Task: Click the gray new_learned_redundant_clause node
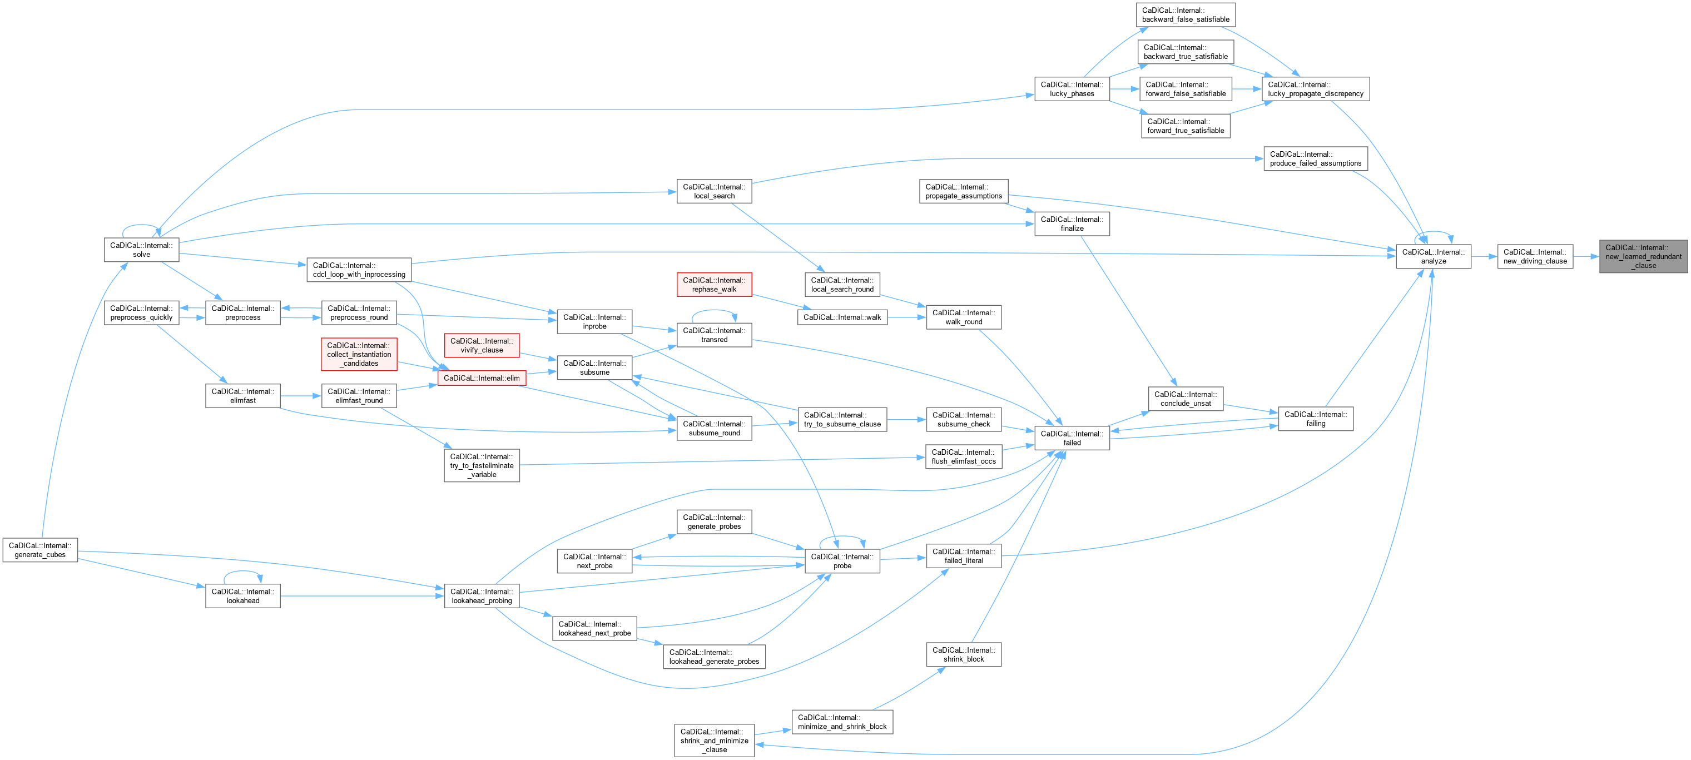[1643, 257]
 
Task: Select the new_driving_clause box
[1535, 257]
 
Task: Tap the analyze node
[1433, 257]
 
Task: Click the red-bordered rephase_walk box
[714, 285]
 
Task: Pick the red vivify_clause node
[482, 345]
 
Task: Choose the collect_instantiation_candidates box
[359, 354]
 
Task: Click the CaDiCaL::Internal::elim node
[482, 378]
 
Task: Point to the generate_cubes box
[40, 550]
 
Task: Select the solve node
[141, 250]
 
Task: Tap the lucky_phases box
[1072, 90]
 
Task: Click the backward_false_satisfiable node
[1186, 15]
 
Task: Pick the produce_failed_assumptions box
[1316, 159]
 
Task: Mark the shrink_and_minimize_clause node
[714, 741]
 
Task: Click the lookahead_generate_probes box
[714, 657]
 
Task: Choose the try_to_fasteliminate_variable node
[482, 465]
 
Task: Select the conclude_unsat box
[1186, 399]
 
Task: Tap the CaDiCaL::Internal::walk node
[842, 317]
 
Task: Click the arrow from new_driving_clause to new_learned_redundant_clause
[1586, 257]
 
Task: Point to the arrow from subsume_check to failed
[1018, 429]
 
